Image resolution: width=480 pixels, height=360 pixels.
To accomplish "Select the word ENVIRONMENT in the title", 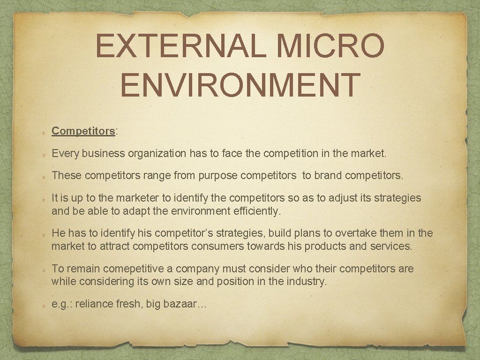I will tap(240, 84).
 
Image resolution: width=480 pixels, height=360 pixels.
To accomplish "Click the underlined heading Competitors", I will tap(83, 131).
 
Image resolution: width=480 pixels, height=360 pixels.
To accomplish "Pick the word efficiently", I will tap(256, 211).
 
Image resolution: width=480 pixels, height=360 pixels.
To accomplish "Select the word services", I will tap(390, 246).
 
